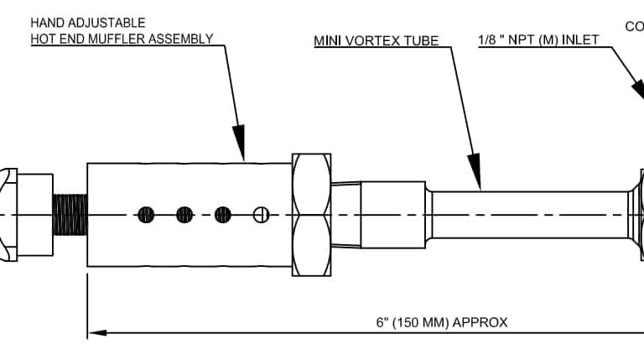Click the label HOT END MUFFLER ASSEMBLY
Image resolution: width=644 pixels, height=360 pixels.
click(x=122, y=39)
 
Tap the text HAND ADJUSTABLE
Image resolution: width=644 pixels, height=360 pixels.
click(x=87, y=23)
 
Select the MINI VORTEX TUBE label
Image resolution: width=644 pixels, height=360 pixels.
click(x=377, y=39)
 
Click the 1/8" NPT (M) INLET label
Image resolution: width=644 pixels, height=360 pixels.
click(x=538, y=39)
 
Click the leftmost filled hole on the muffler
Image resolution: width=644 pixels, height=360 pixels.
click(x=146, y=215)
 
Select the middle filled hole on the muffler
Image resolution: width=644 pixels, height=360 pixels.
click(x=184, y=215)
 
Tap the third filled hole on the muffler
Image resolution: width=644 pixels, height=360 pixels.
click(x=222, y=215)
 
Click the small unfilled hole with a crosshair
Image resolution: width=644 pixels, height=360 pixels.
click(x=261, y=215)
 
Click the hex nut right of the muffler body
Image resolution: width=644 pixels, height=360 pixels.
click(x=312, y=215)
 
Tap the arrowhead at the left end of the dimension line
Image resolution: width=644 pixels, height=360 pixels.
click(x=97, y=333)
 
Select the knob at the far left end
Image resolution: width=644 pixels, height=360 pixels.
click(x=8, y=215)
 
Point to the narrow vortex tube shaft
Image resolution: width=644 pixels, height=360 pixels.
click(x=528, y=215)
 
